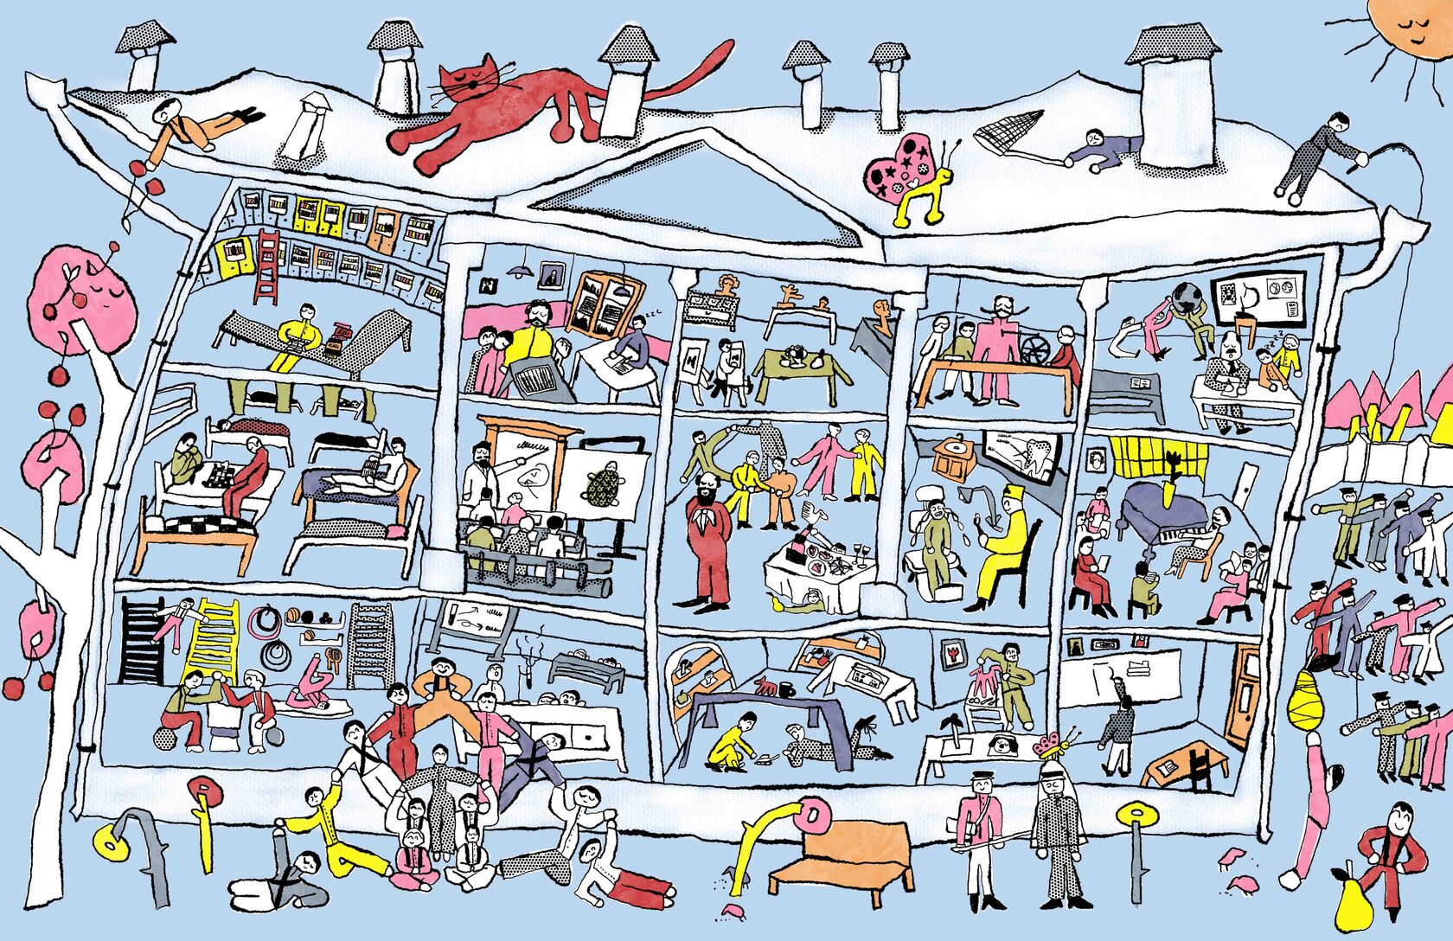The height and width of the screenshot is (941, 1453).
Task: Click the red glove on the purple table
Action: (x=765, y=687)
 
